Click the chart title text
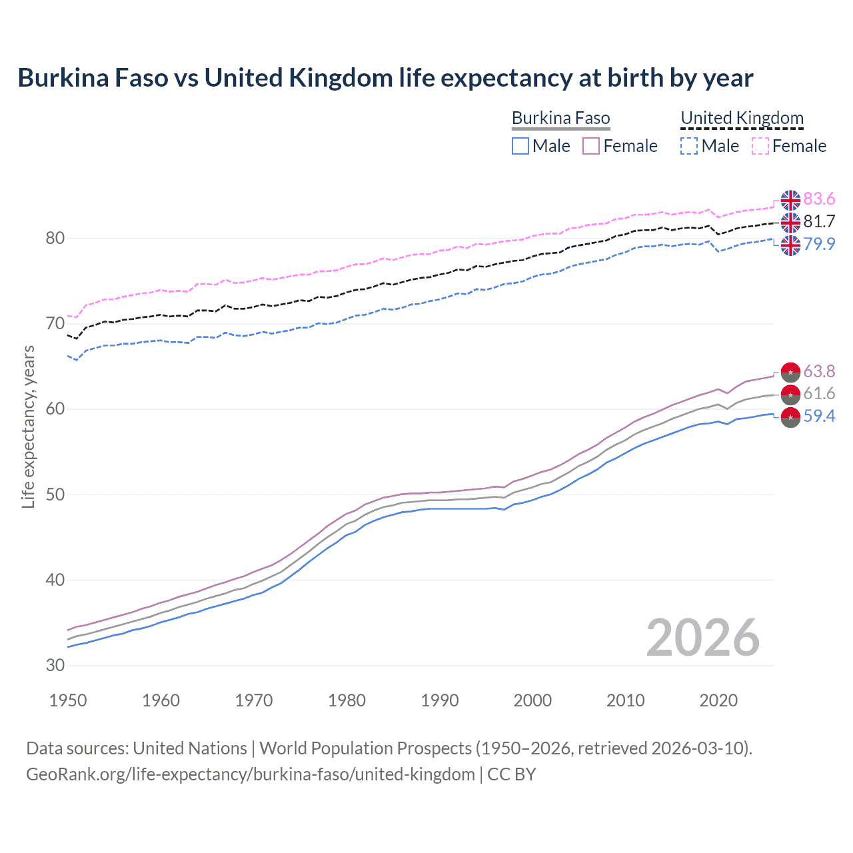point(385,78)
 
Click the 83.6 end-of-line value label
point(819,199)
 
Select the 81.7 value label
point(819,222)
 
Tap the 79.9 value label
point(819,244)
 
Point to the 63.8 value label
point(819,371)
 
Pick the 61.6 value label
point(819,394)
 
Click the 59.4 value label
point(819,417)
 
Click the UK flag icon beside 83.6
point(790,200)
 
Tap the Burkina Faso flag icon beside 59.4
point(790,418)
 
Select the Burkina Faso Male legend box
point(520,146)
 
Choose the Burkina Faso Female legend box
point(591,146)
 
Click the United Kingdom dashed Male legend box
point(689,146)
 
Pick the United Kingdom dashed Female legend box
point(760,146)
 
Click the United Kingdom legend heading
point(742,119)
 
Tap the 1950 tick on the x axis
point(68,700)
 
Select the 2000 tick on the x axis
point(532,700)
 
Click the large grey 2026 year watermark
point(702,638)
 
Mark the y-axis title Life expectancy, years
point(29,426)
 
